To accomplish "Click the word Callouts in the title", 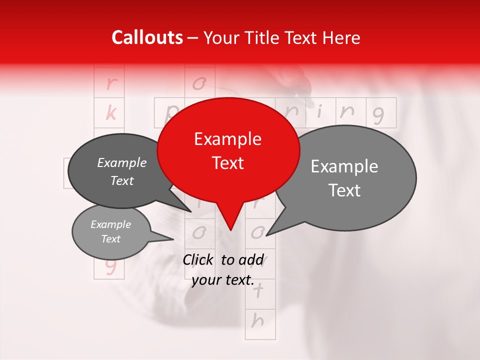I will pos(147,37).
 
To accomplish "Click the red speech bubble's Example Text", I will pos(228,151).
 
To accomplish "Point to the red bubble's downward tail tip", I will pos(230,230).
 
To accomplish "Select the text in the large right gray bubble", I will pos(344,178).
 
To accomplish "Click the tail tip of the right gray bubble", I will pos(266,235).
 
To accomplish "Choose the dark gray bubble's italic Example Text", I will pos(122,171).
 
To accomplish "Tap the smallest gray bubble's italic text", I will pos(110,231).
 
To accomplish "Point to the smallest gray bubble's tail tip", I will pos(173,239).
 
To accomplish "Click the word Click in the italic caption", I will pos(198,259).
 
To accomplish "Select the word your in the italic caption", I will pos(206,280).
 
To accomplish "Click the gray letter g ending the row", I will pos(378,115).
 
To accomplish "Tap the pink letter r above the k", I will pos(110,83).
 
